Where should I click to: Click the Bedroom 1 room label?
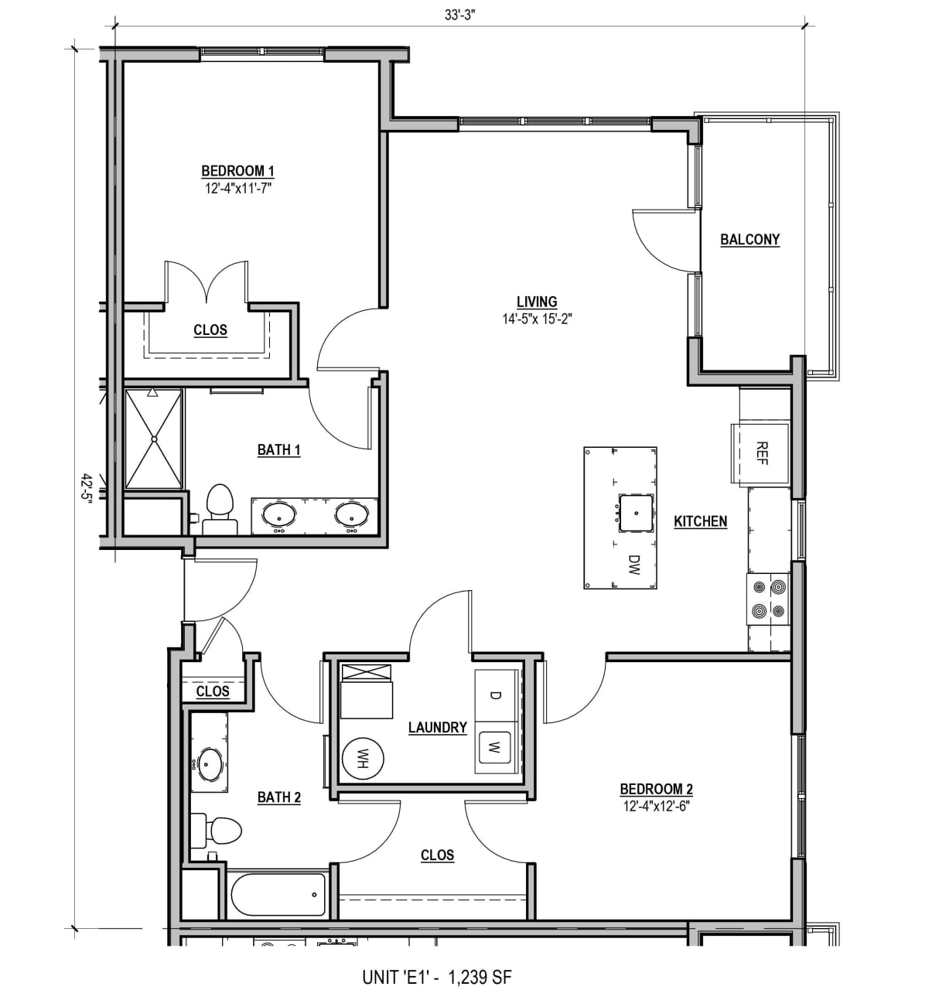[x=237, y=171]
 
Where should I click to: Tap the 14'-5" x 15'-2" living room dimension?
[x=537, y=318]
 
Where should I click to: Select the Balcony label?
[x=749, y=240]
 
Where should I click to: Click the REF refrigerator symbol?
[x=761, y=453]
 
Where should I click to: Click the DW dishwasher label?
[x=634, y=565]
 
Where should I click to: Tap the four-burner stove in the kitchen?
[x=767, y=601]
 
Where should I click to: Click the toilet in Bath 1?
[x=220, y=510]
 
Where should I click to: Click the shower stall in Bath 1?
[x=155, y=439]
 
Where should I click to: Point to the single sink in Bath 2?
[x=209, y=764]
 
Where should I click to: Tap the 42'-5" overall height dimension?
[x=85, y=488]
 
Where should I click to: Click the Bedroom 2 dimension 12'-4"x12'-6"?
[x=656, y=806]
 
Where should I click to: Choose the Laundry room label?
[x=437, y=728]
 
